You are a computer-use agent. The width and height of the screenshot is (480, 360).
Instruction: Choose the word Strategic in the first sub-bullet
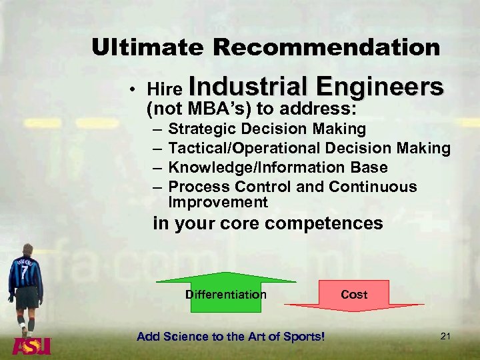pyautogui.click(x=202, y=129)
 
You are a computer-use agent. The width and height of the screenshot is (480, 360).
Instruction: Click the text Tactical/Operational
pyautogui.click(x=245, y=148)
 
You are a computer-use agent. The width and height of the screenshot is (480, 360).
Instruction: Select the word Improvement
pyautogui.click(x=218, y=202)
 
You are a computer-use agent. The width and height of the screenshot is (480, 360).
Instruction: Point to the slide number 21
pyautogui.click(x=445, y=337)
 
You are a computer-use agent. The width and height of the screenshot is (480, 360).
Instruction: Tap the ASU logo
pyautogui.click(x=31, y=347)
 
